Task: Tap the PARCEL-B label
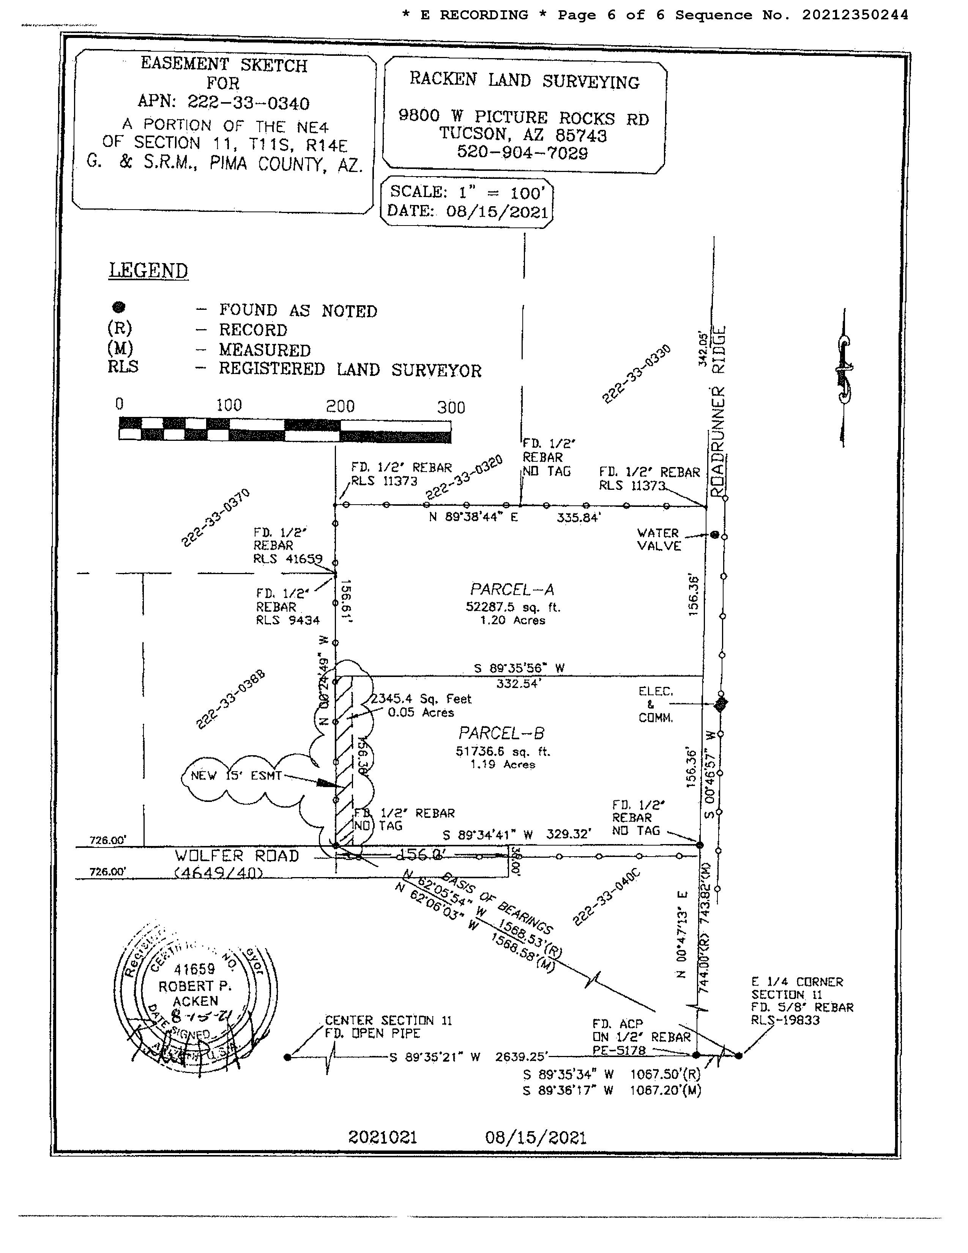[x=501, y=733]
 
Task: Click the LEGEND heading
[x=148, y=270]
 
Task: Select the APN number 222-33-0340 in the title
[x=248, y=103]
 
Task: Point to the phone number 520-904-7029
[x=522, y=153]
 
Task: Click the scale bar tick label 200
[x=340, y=407]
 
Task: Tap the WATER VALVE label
[x=659, y=539]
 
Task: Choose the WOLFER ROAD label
[x=237, y=856]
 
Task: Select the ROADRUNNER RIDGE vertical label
[x=718, y=411]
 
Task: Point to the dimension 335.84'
[x=578, y=518]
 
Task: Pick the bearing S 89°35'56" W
[x=519, y=668]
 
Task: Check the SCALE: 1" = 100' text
[x=466, y=192]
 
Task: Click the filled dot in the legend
[x=119, y=308]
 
